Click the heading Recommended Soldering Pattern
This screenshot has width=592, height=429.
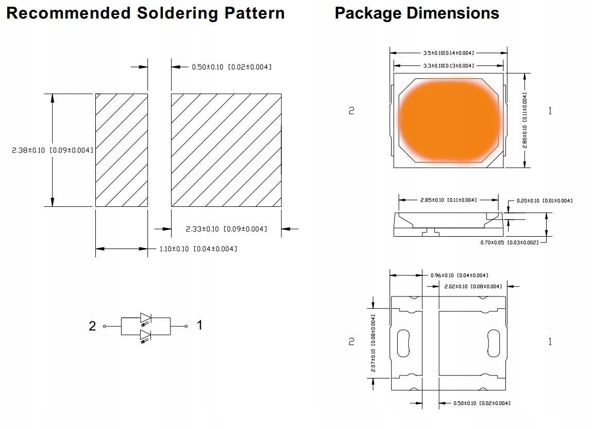click(x=145, y=13)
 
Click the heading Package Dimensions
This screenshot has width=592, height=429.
click(x=416, y=13)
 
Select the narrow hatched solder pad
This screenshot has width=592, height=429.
click(x=121, y=150)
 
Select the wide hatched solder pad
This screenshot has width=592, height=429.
click(x=226, y=150)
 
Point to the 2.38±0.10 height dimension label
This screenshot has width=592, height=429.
click(x=53, y=150)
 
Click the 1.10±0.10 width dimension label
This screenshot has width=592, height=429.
click(x=198, y=249)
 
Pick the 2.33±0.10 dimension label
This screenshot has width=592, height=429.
click(x=226, y=229)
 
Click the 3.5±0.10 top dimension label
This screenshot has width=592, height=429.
click(x=448, y=53)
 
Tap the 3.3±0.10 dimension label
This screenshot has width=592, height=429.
click(x=448, y=65)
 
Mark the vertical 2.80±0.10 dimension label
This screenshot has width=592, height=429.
click(x=525, y=120)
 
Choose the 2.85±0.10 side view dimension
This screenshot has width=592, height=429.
click(x=448, y=200)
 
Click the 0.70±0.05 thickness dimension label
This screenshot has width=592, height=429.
click(x=509, y=242)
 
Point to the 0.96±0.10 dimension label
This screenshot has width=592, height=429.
click(x=459, y=275)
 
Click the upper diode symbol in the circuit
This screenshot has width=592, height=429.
click(x=146, y=318)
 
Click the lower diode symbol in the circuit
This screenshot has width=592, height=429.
click(x=146, y=335)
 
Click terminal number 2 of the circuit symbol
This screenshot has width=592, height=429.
click(x=93, y=326)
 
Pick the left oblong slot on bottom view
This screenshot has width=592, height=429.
click(x=402, y=342)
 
